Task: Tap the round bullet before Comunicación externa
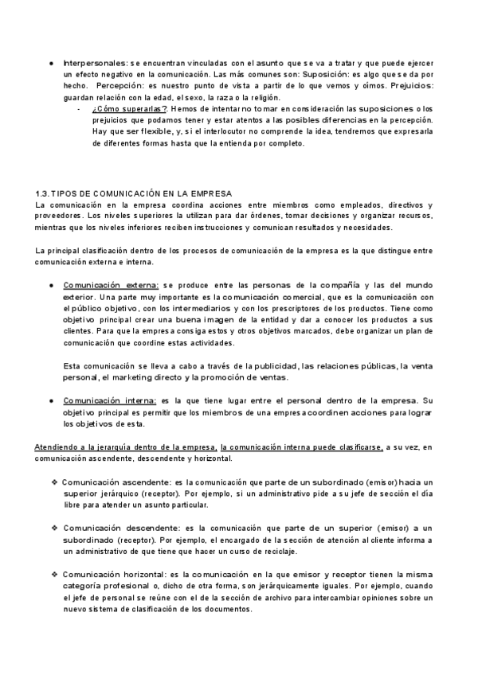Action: pyautogui.click(x=52, y=285)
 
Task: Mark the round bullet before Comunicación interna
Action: pyautogui.click(x=52, y=401)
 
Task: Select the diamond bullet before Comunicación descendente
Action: pyautogui.click(x=54, y=529)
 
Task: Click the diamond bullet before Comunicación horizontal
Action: pyautogui.click(x=54, y=574)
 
